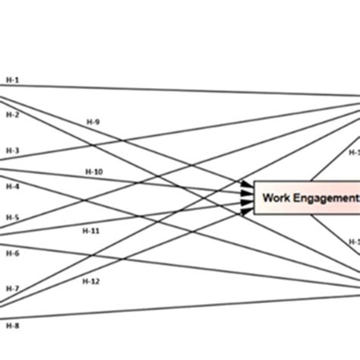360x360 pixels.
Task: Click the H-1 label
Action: click(11, 80)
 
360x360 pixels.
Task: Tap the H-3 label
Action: click(11, 150)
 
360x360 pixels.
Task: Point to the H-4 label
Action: click(11, 185)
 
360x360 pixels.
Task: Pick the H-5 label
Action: click(11, 217)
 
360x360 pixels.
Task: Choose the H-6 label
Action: click(11, 252)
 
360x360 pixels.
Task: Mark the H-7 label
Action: click(11, 288)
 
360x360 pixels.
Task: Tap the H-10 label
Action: click(93, 172)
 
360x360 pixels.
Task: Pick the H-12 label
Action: click(91, 280)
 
